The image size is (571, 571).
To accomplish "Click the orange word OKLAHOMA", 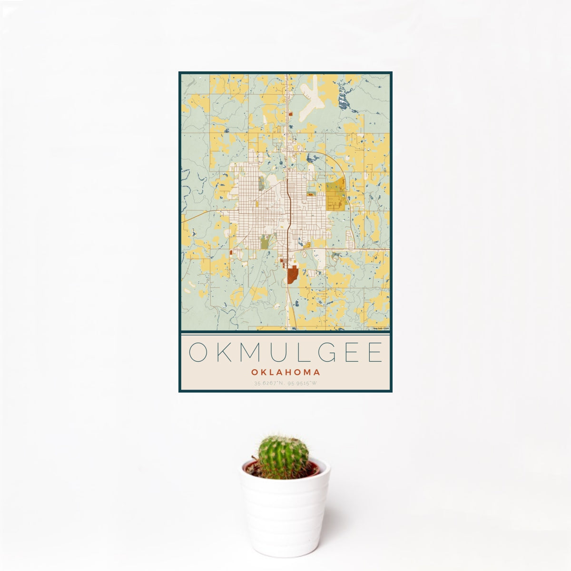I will pos(285,373).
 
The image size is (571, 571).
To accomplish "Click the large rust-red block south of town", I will pos(292,276).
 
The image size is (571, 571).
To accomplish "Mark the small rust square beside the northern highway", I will pos(289,114).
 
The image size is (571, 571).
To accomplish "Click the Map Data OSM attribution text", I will pos(381,328).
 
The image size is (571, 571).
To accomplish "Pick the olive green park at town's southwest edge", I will pos(265,243).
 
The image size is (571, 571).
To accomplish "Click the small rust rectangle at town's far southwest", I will pos(231,252).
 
